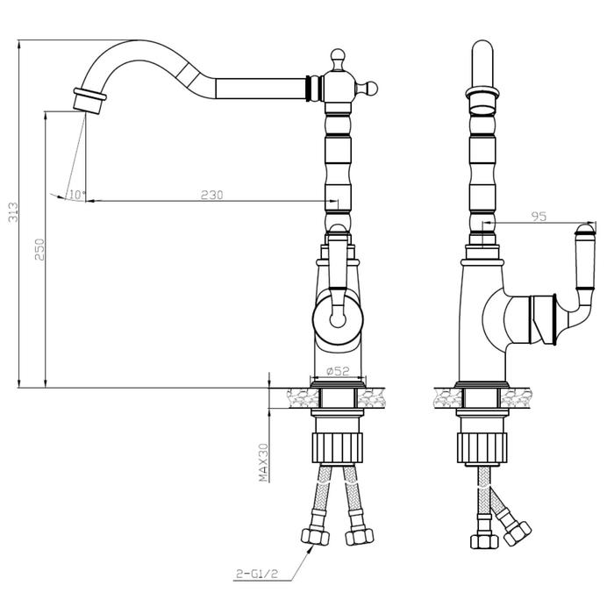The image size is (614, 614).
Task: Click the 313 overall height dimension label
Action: click(13, 212)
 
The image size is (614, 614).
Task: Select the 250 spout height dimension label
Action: click(40, 249)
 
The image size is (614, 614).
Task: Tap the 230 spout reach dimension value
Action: click(212, 195)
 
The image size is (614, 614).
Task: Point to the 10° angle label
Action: click(77, 194)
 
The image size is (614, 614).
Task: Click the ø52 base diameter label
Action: click(338, 371)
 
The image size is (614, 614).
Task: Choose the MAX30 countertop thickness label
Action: click(263, 462)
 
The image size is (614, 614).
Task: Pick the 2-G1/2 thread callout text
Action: click(257, 574)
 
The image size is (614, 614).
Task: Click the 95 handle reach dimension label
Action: click(539, 216)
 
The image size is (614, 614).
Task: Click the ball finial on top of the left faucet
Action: click(337, 54)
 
